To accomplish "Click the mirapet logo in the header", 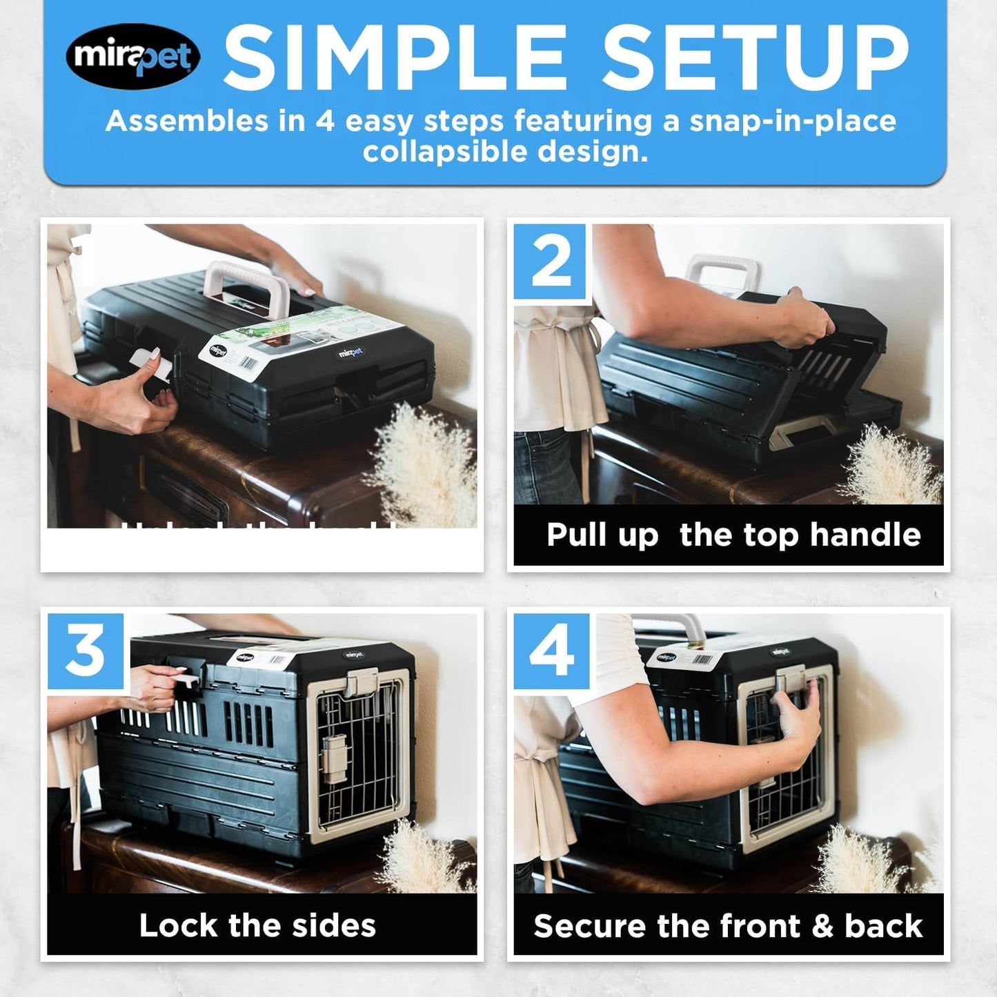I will (133, 56).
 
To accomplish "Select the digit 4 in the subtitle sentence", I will (325, 121).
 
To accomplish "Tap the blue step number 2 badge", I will (551, 262).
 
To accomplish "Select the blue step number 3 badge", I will (86, 651).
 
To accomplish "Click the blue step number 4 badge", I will (551, 651).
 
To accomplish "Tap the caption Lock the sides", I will (257, 925).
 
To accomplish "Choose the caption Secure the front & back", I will (728, 926).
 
